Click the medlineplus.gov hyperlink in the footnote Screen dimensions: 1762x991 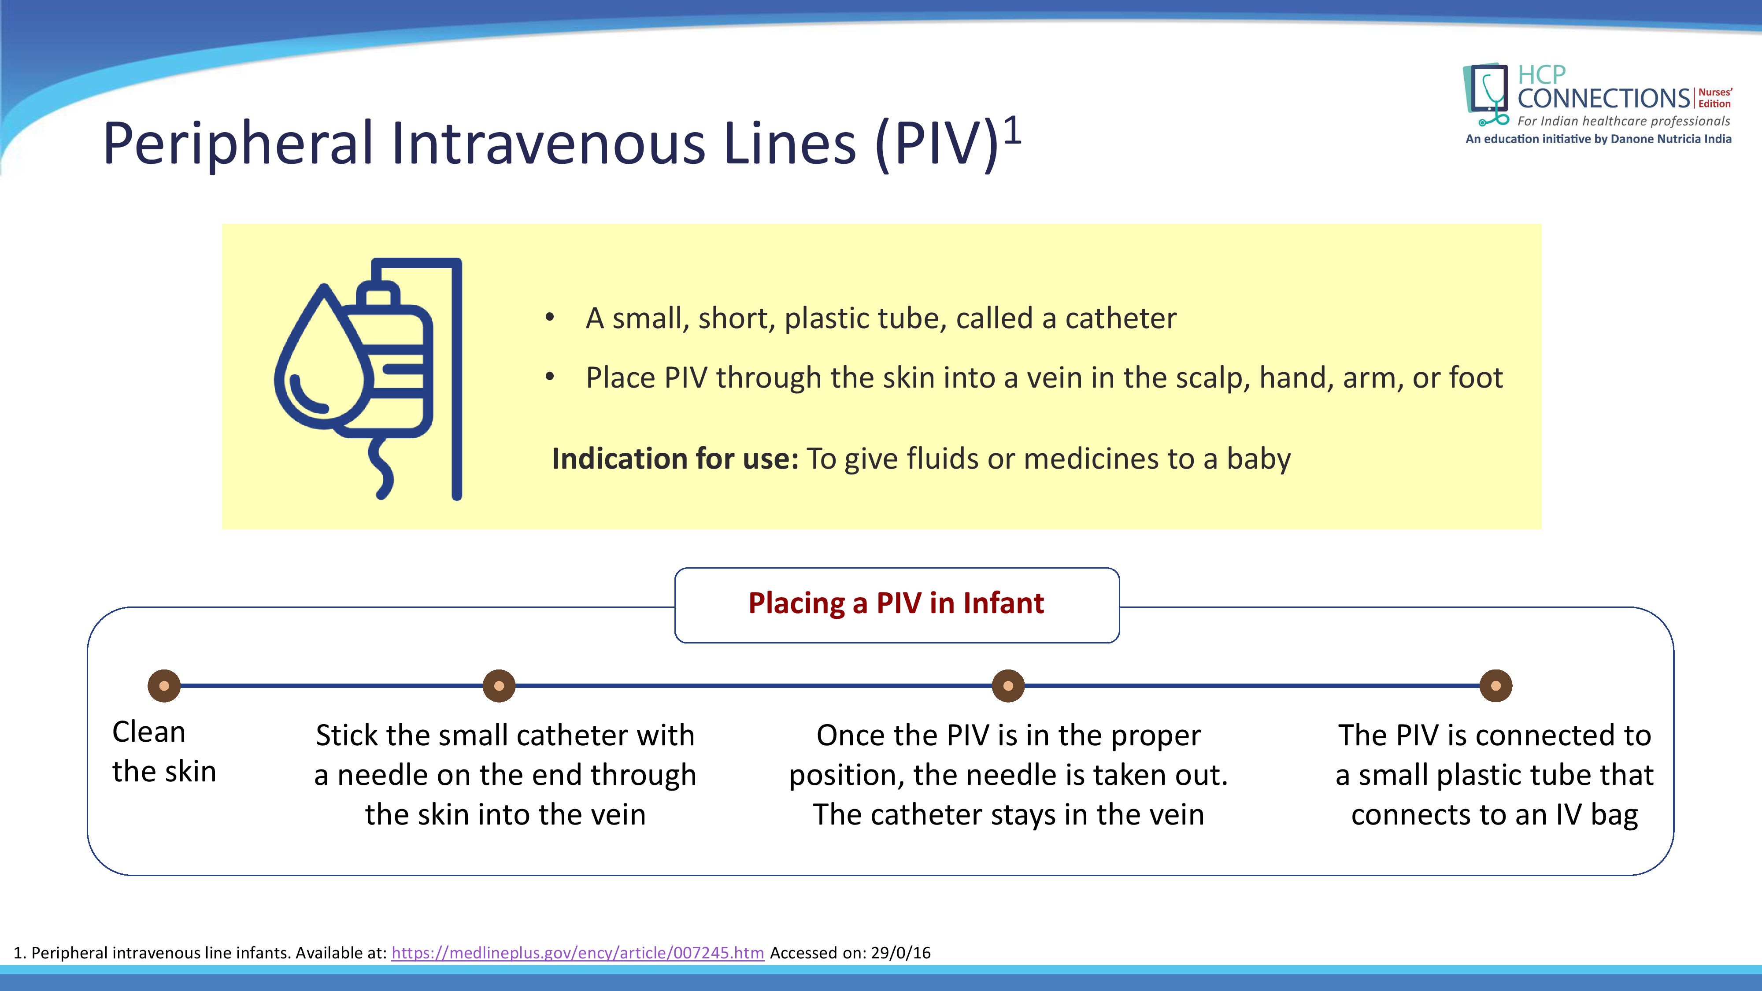(577, 953)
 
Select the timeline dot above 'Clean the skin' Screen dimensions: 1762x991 (164, 685)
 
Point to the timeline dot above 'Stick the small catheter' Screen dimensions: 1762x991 (500, 685)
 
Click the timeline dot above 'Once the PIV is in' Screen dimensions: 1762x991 (1008, 685)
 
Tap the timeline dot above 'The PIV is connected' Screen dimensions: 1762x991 (1496, 685)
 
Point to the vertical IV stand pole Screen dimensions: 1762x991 (457, 380)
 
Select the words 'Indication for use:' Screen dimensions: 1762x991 (675, 458)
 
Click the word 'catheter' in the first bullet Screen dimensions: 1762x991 (1121, 318)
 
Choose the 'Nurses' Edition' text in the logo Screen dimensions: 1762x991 (1715, 98)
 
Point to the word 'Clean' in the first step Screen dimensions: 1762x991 (148, 732)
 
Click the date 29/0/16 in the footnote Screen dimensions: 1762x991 (900, 953)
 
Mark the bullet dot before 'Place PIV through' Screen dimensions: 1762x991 (549, 377)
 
